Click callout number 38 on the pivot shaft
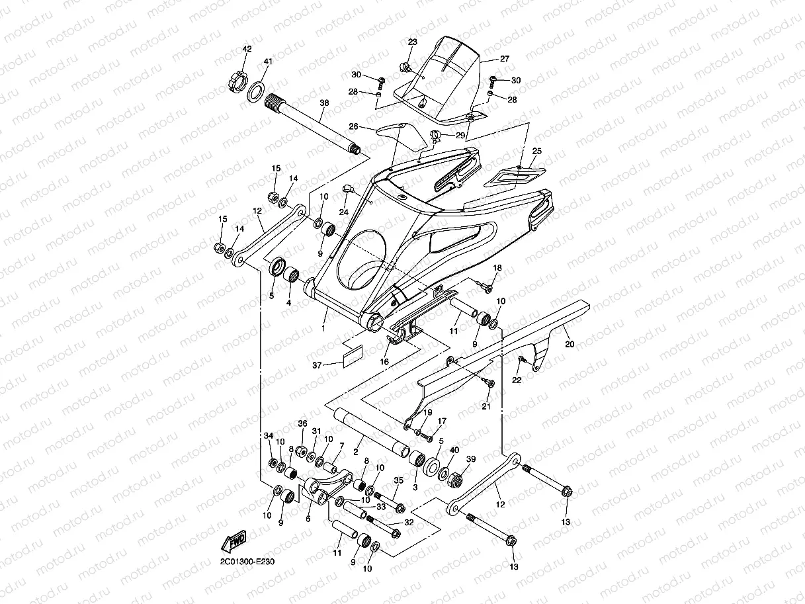point(323,103)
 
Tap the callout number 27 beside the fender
point(504,59)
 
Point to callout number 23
point(413,42)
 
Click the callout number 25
point(536,151)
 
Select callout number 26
point(353,126)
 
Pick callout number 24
point(343,212)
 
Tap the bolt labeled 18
point(489,286)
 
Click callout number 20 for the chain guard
point(569,344)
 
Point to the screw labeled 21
point(489,383)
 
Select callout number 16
point(384,362)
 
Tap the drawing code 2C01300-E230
point(247,562)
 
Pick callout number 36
point(302,423)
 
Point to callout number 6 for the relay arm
point(308,519)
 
